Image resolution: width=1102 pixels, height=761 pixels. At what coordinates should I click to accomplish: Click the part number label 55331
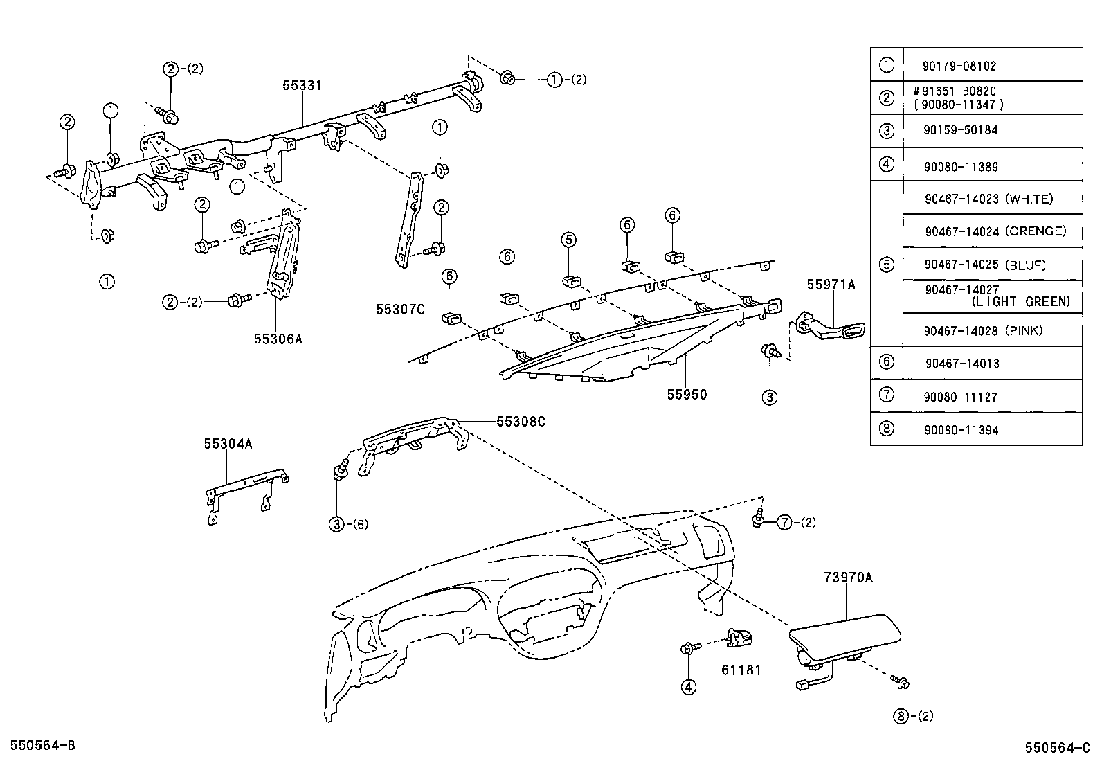coord(302,85)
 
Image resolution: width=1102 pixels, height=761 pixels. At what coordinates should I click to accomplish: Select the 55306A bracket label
coord(278,339)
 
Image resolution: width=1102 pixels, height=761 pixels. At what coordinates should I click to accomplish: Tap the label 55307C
coord(400,310)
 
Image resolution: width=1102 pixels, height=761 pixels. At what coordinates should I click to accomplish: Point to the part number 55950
coord(687,395)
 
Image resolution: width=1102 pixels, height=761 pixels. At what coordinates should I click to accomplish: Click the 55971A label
coord(831,285)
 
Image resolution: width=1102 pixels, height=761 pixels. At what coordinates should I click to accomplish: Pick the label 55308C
coord(521,421)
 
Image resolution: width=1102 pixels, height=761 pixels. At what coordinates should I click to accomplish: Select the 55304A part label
coord(228,444)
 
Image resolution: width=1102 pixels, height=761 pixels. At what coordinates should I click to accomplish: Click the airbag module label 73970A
coord(848,577)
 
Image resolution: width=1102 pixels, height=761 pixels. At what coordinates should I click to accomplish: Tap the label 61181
coord(741,670)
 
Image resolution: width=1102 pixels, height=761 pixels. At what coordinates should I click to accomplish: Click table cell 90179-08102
coord(959,66)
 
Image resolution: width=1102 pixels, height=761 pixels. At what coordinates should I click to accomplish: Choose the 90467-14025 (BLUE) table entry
coord(985,265)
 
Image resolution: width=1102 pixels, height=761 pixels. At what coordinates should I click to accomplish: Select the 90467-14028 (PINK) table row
coord(983,330)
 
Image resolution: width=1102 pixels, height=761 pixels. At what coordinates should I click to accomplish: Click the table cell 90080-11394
coord(961,430)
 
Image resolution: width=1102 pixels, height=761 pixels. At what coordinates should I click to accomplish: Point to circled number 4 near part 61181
coord(688,687)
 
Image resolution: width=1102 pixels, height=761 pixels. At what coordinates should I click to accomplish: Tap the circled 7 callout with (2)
coord(784,522)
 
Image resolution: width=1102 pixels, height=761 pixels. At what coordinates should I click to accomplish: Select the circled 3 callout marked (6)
coord(337,524)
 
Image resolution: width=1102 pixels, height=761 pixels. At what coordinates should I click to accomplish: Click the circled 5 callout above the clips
coord(568,240)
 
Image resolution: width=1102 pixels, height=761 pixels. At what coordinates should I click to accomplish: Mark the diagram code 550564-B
coord(39,745)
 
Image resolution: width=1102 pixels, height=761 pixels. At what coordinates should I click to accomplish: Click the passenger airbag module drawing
coord(844,637)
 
